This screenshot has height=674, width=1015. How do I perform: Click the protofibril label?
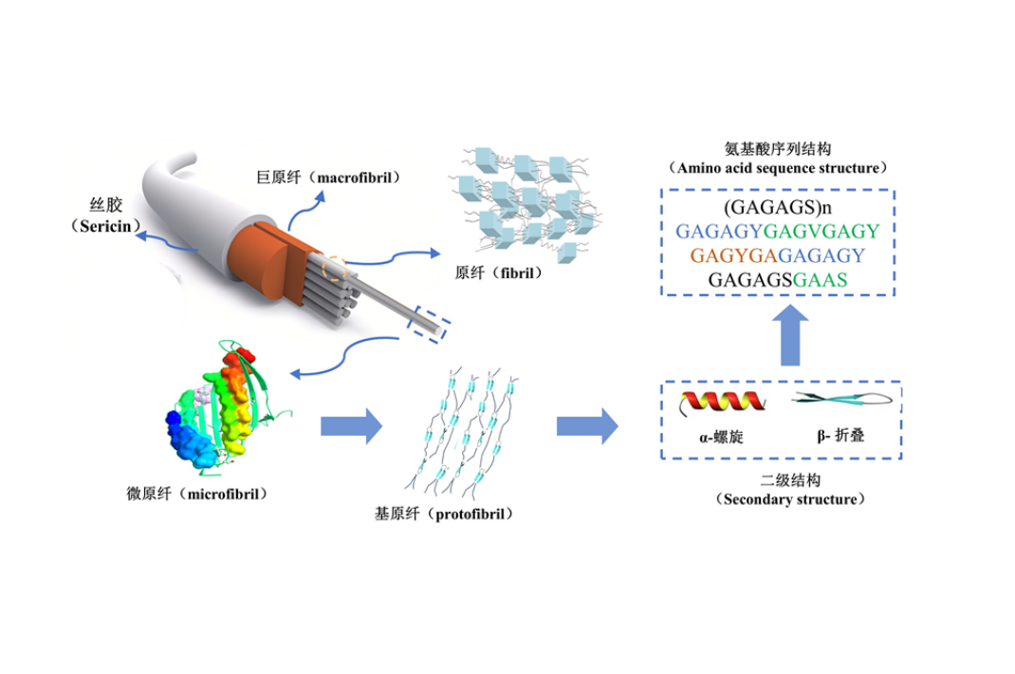click(x=444, y=514)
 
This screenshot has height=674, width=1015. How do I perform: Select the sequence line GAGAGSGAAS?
click(x=778, y=279)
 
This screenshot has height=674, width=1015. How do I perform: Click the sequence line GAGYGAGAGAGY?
click(x=778, y=255)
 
